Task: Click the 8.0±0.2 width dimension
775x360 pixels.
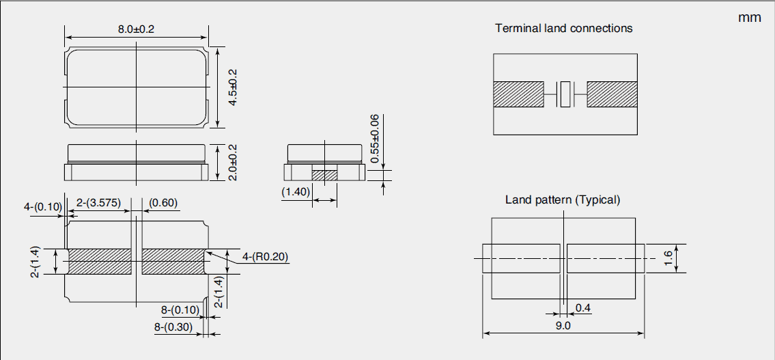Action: point(137,30)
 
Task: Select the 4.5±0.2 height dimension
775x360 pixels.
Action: point(234,87)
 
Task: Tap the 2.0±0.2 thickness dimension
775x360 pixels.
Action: point(234,163)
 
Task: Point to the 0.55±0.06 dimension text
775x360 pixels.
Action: point(375,139)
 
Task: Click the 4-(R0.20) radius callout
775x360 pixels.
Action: point(266,257)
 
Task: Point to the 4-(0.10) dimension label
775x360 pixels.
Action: point(43,206)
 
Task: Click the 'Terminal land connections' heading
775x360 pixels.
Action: point(563,29)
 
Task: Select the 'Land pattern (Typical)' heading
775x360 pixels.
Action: point(563,200)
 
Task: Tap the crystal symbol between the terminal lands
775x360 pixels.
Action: point(565,94)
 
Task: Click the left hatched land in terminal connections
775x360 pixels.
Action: point(518,94)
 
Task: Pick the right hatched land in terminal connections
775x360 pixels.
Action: point(612,94)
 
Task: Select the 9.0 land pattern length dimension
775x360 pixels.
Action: point(563,327)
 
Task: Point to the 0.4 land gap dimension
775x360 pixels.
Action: point(582,308)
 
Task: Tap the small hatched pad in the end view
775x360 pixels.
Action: point(324,175)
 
